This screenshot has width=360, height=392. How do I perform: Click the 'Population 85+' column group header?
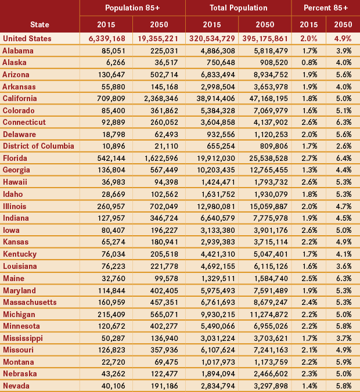pos(132,8)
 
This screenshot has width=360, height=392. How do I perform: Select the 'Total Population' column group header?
pos(238,8)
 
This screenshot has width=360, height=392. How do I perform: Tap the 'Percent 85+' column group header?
pos(326,8)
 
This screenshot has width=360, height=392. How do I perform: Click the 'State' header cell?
pos(39,25)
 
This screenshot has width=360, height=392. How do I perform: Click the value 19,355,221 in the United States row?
pos(156,38)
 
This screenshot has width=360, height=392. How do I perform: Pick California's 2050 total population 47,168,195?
pos(264,98)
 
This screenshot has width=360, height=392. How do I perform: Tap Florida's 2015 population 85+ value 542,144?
pos(108,158)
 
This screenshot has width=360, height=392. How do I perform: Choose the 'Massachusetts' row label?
pos(30,302)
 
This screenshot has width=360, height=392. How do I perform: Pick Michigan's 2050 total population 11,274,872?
pos(264,314)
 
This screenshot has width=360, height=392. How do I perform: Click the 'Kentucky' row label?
pos(20,254)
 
